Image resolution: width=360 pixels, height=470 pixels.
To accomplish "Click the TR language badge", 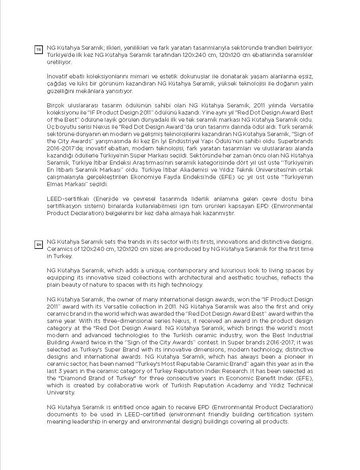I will [39, 50].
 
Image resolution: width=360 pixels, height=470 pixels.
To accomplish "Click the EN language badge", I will [39, 245].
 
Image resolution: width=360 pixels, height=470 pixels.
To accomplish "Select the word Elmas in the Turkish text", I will [56, 184].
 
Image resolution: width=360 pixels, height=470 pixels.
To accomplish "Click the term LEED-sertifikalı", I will [69, 199].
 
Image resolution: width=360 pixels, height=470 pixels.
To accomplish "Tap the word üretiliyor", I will [59, 62].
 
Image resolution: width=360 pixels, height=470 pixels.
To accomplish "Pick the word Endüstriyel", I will [206, 141].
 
